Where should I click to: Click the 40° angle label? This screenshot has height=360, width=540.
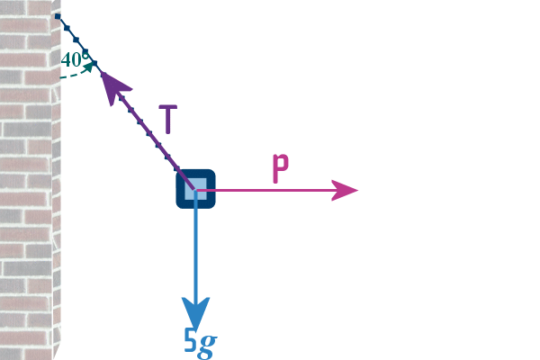coord(75,59)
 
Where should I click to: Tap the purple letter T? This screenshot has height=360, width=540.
coord(167,119)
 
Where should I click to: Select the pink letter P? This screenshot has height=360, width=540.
coord(281,169)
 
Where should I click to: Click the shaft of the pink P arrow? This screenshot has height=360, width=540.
coord(270,190)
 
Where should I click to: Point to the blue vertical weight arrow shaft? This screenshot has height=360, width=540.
coord(195,252)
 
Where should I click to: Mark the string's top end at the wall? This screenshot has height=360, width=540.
coord(57,16)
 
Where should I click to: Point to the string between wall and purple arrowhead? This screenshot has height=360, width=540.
coord(78,40)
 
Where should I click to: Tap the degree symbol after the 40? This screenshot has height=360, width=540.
coord(86,55)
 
